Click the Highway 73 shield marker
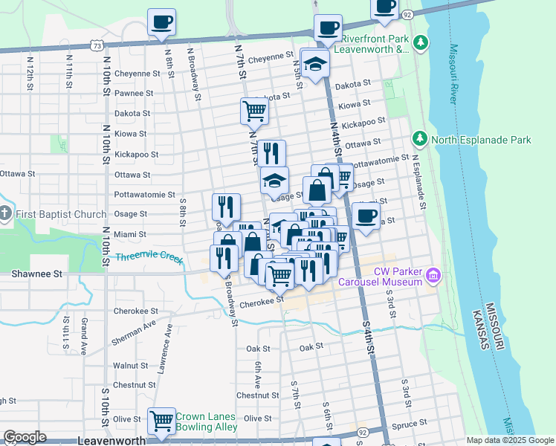click(x=98, y=45)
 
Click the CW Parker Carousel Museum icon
click(x=435, y=277)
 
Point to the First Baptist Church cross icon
click(x=5, y=215)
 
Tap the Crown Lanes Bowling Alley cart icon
click(x=161, y=421)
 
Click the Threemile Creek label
click(x=149, y=257)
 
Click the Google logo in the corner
click(x=25, y=437)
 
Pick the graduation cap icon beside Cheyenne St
click(x=315, y=64)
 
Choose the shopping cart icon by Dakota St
click(x=254, y=111)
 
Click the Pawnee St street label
click(x=134, y=94)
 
